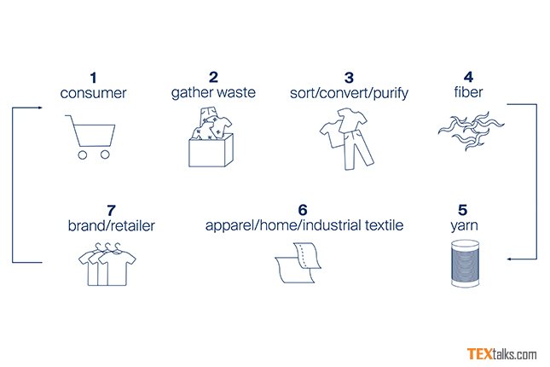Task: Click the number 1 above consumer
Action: [x=93, y=78]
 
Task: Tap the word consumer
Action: [x=93, y=93]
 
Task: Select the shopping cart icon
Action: [x=90, y=137]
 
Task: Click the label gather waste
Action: [x=213, y=92]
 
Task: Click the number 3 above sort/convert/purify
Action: [x=349, y=78]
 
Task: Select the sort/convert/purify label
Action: [x=349, y=93]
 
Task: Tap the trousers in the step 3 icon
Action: [x=358, y=150]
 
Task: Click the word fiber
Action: [x=468, y=92]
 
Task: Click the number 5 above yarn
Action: [x=463, y=210]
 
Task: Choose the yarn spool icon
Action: [x=465, y=264]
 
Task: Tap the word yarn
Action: [x=464, y=226]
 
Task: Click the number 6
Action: [x=303, y=210]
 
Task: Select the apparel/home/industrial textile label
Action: [x=304, y=225]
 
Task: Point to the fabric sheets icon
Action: [x=298, y=262]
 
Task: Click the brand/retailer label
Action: [x=111, y=226]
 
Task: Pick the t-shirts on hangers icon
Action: [x=107, y=264]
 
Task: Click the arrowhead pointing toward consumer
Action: [x=40, y=108]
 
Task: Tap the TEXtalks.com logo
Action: [x=501, y=354]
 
